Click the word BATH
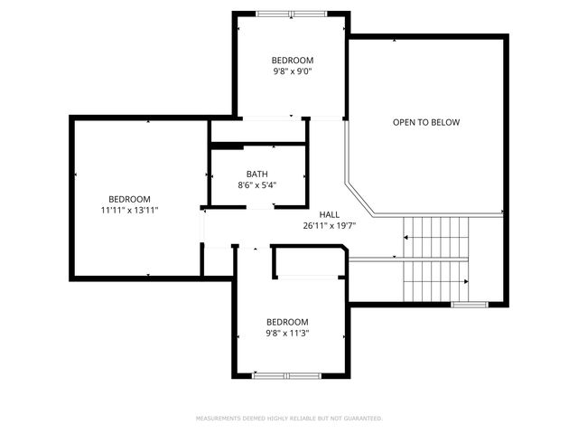tap(256, 175)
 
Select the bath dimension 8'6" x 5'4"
tap(256, 185)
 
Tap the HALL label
tap(330, 214)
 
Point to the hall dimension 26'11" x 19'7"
tap(330, 226)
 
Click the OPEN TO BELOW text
tap(426, 122)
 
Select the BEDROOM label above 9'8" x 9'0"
tap(293, 60)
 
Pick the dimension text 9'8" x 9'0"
tap(293, 71)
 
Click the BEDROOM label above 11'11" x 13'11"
tap(129, 199)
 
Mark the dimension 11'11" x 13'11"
tap(129, 211)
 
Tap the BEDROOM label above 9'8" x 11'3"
tap(287, 322)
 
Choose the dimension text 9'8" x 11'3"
tap(287, 334)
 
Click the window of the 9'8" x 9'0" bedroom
tap(291, 14)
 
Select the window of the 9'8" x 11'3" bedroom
tap(286, 374)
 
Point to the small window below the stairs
tap(469, 305)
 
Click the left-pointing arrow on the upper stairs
tap(406, 238)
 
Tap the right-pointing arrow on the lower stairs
tap(465, 283)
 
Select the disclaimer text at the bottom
tap(289, 419)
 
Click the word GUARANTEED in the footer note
tap(362, 419)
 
